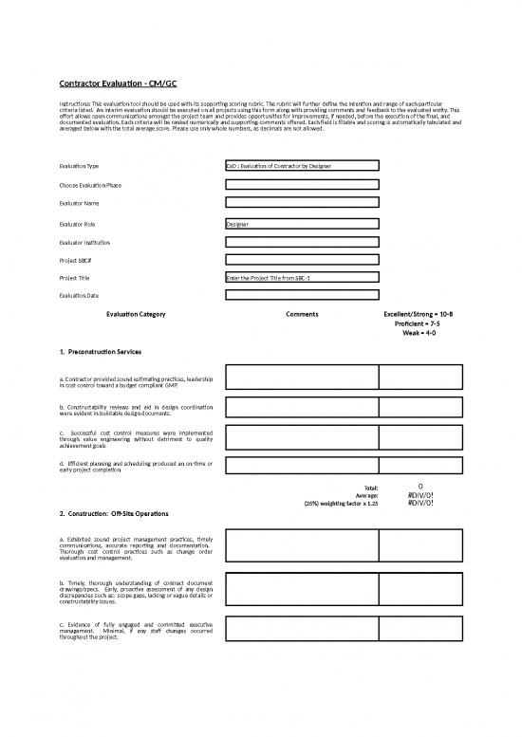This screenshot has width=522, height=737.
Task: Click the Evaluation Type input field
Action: [x=301, y=166]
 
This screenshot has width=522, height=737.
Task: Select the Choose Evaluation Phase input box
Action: [x=301, y=184]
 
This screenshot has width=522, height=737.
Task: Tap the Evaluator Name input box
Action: [x=301, y=203]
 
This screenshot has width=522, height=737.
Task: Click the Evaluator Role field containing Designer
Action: [x=301, y=224]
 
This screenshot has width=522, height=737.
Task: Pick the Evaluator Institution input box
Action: [x=301, y=242]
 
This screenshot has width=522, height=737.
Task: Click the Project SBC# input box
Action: [x=301, y=260]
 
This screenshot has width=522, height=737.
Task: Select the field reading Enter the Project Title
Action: [x=301, y=278]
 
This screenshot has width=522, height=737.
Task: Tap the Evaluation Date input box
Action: [x=301, y=296]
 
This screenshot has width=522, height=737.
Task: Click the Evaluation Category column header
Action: [x=136, y=314]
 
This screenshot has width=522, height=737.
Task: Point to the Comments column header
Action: [x=301, y=314]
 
